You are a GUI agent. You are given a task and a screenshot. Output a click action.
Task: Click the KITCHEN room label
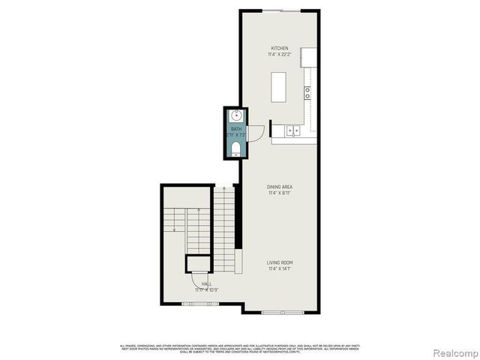279,49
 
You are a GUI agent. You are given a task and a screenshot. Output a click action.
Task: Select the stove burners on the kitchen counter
307,93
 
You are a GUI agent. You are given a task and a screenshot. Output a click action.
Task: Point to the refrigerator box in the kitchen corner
309,58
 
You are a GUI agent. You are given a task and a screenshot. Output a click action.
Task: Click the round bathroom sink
235,115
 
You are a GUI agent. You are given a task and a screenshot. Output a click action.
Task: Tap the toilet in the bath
235,150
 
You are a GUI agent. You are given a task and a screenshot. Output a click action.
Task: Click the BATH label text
236,129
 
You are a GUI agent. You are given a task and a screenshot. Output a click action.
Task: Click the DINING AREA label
279,187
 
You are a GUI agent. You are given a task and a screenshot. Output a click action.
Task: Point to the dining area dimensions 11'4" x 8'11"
279,193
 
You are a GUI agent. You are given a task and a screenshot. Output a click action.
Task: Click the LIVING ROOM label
279,262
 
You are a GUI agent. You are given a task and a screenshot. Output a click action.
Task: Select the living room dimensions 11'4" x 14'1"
279,268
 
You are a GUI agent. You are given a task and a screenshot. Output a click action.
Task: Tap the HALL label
206,283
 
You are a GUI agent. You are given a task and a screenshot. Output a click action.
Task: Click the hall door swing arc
196,278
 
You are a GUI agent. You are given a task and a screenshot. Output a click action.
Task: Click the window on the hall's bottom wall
200,304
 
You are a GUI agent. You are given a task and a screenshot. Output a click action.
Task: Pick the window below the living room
283,310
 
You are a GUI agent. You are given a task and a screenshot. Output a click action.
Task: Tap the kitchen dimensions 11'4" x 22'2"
279,55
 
